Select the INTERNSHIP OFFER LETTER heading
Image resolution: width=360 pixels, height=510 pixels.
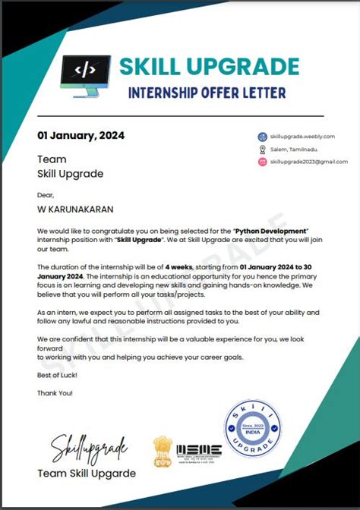[x=207, y=93]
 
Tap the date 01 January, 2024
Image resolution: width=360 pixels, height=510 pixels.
[x=81, y=136]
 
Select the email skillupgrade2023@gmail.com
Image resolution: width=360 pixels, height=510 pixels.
[x=308, y=162]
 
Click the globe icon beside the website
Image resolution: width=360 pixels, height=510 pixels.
[x=262, y=137]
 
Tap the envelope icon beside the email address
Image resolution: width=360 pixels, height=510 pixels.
[x=262, y=162]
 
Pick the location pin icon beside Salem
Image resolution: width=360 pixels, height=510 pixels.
[x=262, y=149]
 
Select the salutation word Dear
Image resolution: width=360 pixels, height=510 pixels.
[x=46, y=194]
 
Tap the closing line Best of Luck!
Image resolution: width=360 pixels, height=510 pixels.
[x=57, y=376]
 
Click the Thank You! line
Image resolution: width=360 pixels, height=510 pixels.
[x=55, y=392]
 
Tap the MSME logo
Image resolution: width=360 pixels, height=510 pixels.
[x=199, y=450]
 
